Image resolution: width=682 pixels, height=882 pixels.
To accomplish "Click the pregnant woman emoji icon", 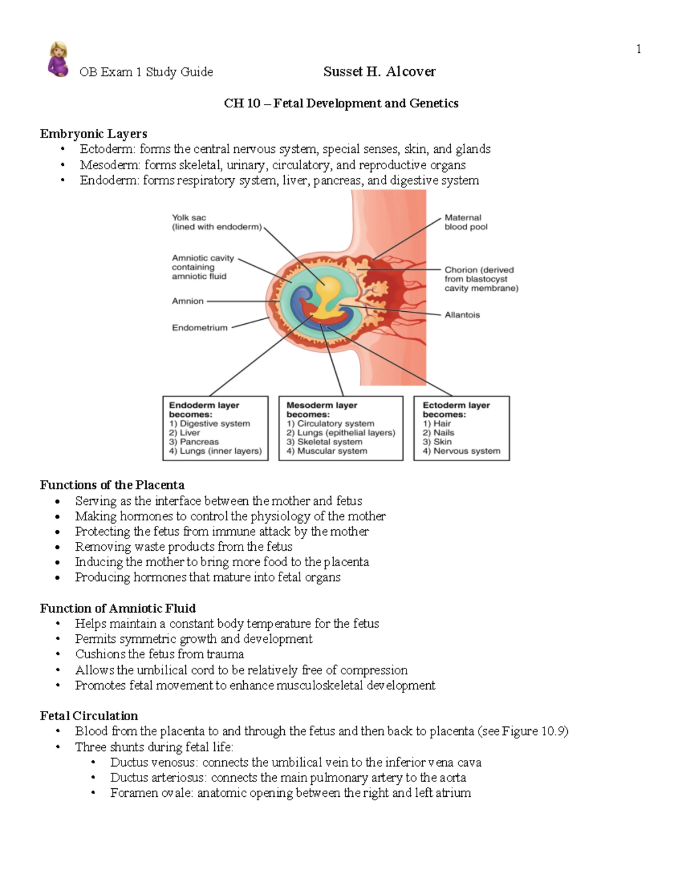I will point(58,59).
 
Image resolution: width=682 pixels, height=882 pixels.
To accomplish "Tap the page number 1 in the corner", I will point(639,49).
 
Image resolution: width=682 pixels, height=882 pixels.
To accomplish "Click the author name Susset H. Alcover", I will point(379,72).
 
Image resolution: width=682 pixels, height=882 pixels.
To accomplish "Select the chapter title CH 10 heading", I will point(341,103).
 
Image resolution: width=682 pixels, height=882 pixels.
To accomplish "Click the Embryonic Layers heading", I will point(93,134).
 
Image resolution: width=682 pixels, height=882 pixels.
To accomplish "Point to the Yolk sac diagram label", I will point(189,218).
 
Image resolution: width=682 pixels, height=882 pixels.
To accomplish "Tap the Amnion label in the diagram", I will point(188,301).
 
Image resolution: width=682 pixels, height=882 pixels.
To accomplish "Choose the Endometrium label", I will point(199,328).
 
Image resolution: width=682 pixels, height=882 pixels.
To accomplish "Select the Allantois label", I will point(462,315).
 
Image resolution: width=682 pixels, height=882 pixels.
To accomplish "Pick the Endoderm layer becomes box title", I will point(203,409).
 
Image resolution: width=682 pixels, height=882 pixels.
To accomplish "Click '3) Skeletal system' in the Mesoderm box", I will point(324,442).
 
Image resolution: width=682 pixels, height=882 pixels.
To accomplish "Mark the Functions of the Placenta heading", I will point(112,485).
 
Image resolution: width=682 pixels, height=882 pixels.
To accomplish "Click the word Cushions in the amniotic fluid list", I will point(99,654).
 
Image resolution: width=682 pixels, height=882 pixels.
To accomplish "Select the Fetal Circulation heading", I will point(89,716).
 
